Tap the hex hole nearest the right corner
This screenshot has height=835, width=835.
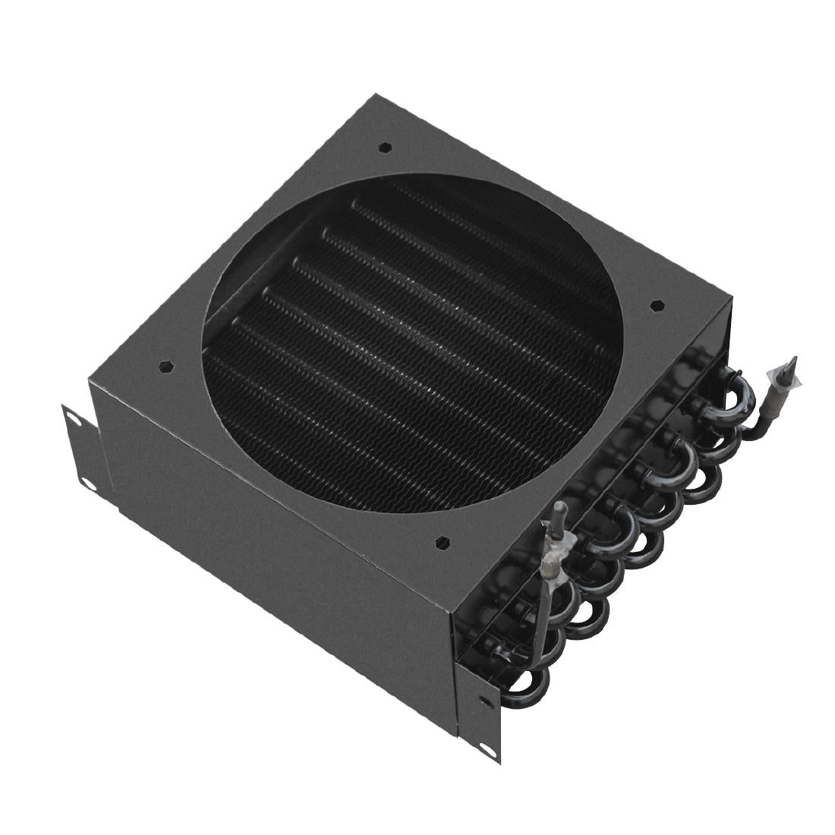pos(657,306)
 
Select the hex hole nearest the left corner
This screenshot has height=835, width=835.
pos(164,366)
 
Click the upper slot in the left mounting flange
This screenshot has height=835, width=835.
pos(71,416)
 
